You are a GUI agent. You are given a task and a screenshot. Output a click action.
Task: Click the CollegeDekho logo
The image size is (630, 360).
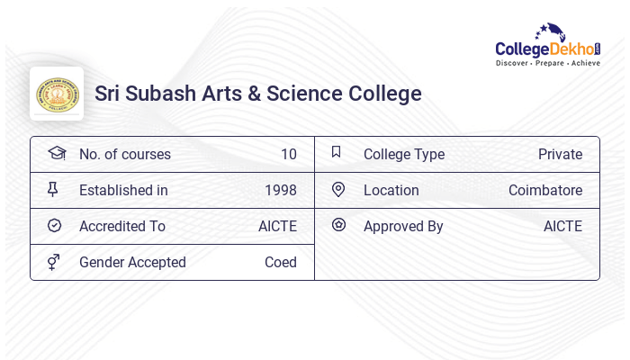(x=547, y=46)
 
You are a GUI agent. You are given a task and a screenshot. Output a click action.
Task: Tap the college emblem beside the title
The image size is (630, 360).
(x=57, y=94)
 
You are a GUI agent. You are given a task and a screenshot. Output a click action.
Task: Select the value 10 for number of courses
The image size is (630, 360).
(x=288, y=154)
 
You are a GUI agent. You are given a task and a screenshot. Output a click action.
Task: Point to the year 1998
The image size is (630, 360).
(x=280, y=190)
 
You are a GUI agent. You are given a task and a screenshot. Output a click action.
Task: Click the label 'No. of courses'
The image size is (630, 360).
(x=124, y=154)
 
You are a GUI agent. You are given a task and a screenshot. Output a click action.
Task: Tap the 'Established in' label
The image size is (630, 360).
(x=123, y=190)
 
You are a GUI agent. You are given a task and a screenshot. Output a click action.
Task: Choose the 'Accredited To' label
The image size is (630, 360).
(x=121, y=226)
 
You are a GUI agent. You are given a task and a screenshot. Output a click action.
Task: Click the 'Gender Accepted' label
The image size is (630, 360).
(x=132, y=262)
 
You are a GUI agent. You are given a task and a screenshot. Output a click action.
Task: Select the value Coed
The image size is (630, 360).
(x=280, y=262)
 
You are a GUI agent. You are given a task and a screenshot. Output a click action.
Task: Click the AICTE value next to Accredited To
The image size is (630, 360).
(x=277, y=226)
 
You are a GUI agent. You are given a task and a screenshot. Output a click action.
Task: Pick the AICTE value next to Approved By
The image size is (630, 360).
(x=562, y=226)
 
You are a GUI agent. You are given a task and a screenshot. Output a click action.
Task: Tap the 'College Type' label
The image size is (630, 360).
(x=403, y=154)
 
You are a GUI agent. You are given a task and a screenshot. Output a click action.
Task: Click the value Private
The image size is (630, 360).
(x=560, y=154)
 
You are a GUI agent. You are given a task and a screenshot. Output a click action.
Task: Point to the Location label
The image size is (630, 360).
(x=391, y=190)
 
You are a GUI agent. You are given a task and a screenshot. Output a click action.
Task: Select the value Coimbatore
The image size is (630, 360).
(x=544, y=190)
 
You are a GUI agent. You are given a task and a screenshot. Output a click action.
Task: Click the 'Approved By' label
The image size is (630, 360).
(x=403, y=226)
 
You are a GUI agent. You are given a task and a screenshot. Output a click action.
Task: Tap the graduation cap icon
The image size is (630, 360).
(x=56, y=153)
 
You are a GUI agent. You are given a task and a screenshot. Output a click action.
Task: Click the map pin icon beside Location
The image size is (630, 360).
(x=338, y=189)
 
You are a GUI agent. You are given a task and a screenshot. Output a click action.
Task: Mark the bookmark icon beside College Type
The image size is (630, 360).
(x=337, y=152)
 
